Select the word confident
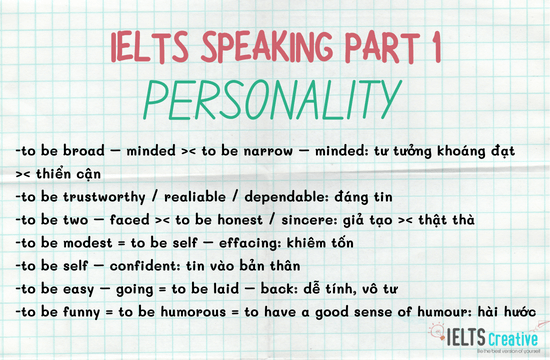tap(146, 266)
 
